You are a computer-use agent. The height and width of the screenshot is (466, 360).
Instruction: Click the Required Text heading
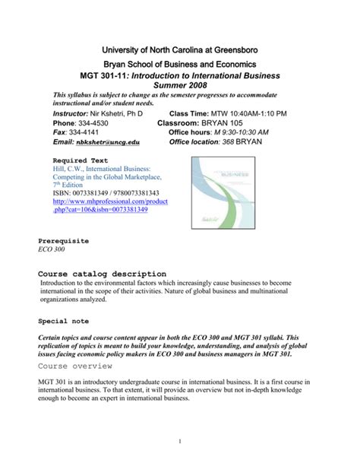click(81, 161)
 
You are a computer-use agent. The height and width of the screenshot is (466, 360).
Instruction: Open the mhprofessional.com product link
click(99, 205)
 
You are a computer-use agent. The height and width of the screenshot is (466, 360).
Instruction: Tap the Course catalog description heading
click(102, 274)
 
